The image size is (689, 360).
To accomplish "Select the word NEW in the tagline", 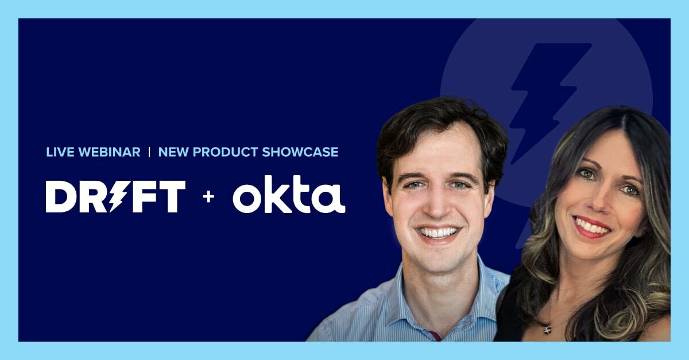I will point(171,152).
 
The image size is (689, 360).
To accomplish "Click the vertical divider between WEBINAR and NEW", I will point(149,152).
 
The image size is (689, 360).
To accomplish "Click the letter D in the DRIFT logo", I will point(59,196).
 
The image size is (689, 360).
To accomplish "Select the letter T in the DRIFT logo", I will point(172,196).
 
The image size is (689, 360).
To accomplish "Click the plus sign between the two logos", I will point(208,197).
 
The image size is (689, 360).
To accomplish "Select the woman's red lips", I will point(592,227).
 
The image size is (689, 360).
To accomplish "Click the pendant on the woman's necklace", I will point(547,329).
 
